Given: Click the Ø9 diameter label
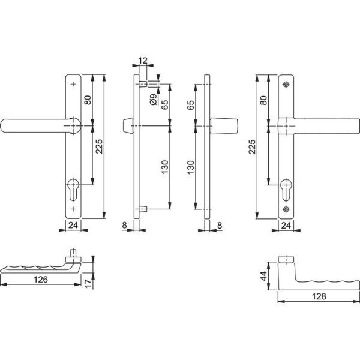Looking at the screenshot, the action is coord(154,100).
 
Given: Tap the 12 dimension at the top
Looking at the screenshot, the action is coord(143,61).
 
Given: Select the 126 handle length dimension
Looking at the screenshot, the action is coord(41,280).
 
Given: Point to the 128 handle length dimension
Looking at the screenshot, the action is coord(319,296).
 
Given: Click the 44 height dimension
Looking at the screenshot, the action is coord(264,276).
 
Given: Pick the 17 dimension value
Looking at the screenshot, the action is coord(88,284).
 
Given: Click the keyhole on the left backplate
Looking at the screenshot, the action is coord(73,189).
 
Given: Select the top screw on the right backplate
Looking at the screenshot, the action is coord(286,84).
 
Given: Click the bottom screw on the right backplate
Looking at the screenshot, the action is coord(286,209).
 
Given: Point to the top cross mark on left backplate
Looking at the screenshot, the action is coord(73,84).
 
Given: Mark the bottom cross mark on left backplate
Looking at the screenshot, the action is coord(73,209).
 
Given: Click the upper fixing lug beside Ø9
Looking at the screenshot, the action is coord(143,84).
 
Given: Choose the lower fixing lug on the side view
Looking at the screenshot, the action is coord(143,209).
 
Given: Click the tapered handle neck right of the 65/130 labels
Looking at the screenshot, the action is coord(224,126).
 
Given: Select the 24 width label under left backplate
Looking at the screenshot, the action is coord(73,225).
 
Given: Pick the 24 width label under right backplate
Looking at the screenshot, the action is coord(286,226).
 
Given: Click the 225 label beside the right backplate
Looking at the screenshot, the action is coord(252,146).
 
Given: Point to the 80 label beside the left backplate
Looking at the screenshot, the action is coord(88,100).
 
